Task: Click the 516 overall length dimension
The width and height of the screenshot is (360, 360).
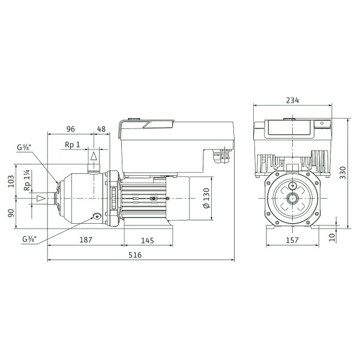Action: [135, 255]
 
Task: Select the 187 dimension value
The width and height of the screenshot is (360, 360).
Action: [86, 240]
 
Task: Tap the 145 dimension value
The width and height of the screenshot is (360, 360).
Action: [148, 241]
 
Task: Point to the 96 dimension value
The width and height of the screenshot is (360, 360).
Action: [71, 129]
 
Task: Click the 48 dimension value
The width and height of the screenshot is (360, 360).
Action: [101, 129]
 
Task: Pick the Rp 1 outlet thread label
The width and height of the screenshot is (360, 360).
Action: [73, 145]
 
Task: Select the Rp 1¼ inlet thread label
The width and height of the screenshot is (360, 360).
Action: [28, 180]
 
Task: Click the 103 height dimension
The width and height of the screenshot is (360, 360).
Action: [11, 181]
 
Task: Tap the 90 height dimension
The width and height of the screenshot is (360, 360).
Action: [11, 212]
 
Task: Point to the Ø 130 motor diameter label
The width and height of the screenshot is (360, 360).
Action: [207, 198]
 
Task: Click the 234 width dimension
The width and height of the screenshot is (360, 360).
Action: [293, 100]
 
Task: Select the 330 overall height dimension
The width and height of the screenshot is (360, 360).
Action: [343, 173]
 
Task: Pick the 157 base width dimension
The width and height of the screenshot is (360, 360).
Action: [292, 240]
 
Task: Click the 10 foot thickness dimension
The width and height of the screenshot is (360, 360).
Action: [332, 238]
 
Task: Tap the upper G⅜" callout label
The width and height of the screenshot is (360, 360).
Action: [24, 147]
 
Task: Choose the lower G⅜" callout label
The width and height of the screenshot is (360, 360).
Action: [29, 239]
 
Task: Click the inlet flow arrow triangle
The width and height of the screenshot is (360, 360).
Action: [41, 198]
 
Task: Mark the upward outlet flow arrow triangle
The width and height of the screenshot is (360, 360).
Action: [94, 156]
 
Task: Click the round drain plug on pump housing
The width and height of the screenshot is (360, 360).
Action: [97, 216]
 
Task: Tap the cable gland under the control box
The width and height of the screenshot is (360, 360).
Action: [221, 155]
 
